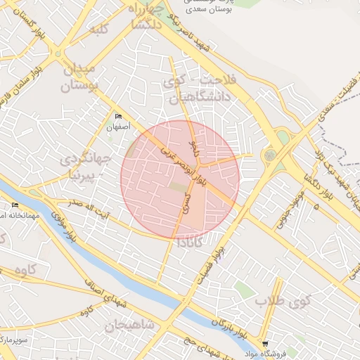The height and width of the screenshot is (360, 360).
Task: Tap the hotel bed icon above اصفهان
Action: pos(118,117)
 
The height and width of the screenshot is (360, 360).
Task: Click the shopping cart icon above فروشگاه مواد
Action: pos(265,344)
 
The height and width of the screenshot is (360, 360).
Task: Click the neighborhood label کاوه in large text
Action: pos(25,271)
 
